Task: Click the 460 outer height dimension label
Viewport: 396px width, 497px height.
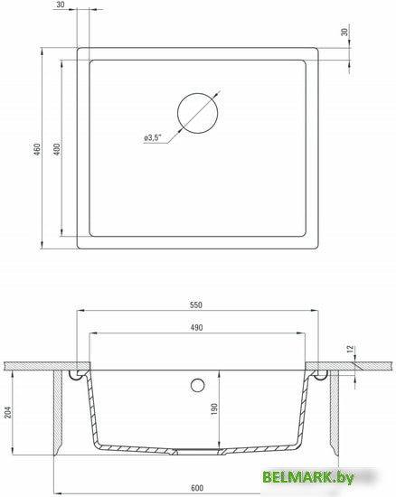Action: click(x=36, y=149)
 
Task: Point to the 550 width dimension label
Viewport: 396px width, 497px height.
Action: click(x=197, y=304)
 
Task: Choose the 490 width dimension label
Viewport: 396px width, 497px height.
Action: click(x=197, y=328)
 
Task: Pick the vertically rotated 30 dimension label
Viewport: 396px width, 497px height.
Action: click(x=344, y=33)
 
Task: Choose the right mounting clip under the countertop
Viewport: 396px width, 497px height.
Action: click(x=317, y=373)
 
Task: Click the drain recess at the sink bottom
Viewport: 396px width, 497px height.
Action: click(x=197, y=449)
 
